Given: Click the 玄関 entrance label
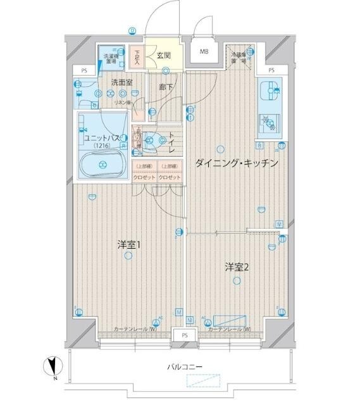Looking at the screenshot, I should pyautogui.click(x=163, y=56).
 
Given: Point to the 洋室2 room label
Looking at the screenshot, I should pyautogui.click(x=236, y=266).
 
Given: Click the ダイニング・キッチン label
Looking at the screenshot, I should pyautogui.click(x=237, y=163).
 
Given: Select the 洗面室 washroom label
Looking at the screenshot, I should pyautogui.click(x=121, y=83).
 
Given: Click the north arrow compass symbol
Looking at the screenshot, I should pyautogui.click(x=53, y=368).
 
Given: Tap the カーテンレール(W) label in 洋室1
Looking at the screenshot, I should pyautogui.click(x=135, y=330).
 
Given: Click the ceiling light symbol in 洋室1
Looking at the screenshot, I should pyautogui.click(x=129, y=256).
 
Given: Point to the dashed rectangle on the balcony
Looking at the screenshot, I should pyautogui.click(x=205, y=381).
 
